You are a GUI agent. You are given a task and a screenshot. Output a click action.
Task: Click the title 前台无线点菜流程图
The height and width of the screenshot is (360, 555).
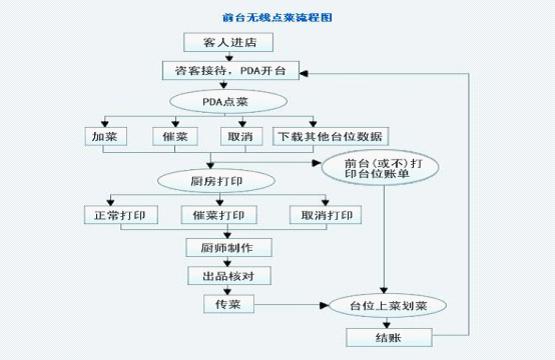pyautogui.click(x=276, y=17)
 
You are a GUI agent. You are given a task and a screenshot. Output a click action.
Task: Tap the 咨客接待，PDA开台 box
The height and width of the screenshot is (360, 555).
pyautogui.click(x=231, y=71)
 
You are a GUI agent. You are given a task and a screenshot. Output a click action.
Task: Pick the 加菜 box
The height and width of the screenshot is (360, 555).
pyautogui.click(x=105, y=136)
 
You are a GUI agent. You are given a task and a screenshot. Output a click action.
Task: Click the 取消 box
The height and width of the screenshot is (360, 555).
pyautogui.click(x=238, y=136)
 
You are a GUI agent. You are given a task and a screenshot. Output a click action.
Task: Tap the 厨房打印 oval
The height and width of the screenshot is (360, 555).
pyautogui.click(x=217, y=181)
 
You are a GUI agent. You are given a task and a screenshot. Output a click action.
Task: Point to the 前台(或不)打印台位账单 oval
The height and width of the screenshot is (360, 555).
pyautogui.click(x=379, y=169)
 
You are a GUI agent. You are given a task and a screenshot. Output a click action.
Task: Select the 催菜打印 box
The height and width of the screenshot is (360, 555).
pyautogui.click(x=220, y=215)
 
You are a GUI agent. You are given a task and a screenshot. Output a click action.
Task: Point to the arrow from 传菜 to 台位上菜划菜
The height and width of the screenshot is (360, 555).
pyautogui.click(x=290, y=303)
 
